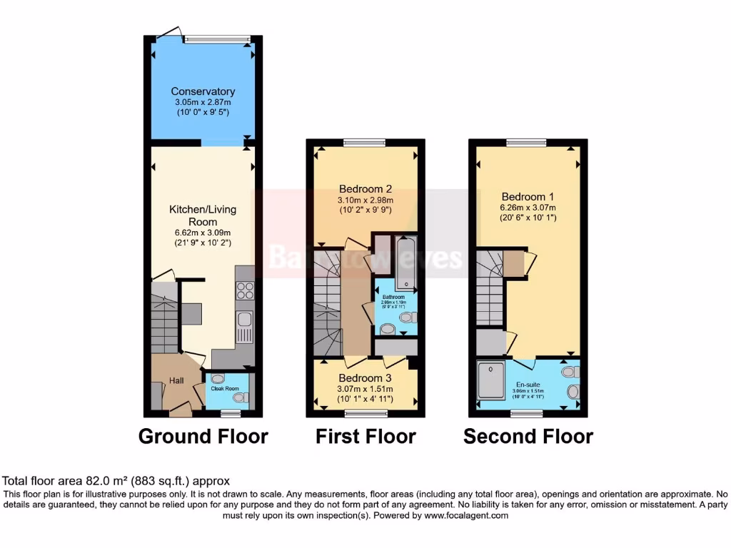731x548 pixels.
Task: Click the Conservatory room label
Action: pyautogui.click(x=203, y=91)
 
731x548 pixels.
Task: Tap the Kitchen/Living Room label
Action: pyautogui.click(x=202, y=215)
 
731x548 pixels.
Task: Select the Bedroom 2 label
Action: pyautogui.click(x=365, y=189)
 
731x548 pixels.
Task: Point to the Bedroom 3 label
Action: pyautogui.click(x=365, y=378)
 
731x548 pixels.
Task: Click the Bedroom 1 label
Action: pyautogui.click(x=528, y=196)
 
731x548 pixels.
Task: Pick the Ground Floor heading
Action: pyautogui.click(x=203, y=436)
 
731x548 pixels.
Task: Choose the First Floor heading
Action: pyautogui.click(x=365, y=436)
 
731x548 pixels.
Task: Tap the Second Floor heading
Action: pyautogui.click(x=528, y=436)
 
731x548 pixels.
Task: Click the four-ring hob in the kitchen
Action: pyautogui.click(x=245, y=290)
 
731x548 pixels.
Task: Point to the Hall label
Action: pyautogui.click(x=176, y=381)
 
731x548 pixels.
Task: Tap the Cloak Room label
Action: pyautogui.click(x=223, y=388)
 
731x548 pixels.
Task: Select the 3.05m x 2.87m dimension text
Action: pyautogui.click(x=203, y=103)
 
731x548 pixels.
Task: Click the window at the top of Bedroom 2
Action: pyautogui.click(x=365, y=142)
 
